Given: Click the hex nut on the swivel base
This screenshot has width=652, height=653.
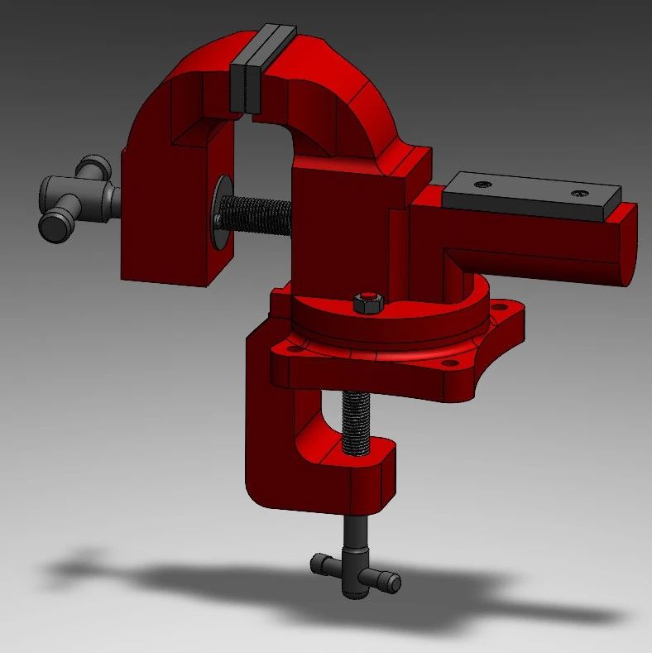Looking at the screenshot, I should pos(367,303).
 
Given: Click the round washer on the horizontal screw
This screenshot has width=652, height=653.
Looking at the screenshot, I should pos(221,211).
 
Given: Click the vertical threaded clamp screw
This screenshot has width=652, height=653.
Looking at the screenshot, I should pos(357,422).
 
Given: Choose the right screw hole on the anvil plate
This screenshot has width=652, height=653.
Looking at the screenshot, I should pos(579,193).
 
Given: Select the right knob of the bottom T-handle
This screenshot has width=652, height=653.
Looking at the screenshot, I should pos(389,583).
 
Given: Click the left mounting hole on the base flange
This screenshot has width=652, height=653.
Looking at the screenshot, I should pos(292,348).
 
